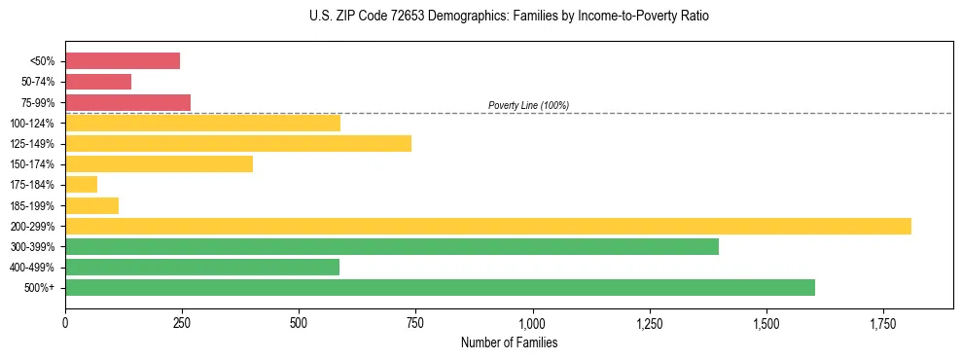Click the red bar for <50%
pyautogui.click(x=123, y=61)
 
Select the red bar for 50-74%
pyautogui.click(x=98, y=82)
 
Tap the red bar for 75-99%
pyautogui.click(x=127, y=102)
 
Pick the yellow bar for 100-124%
pyautogui.click(x=202, y=123)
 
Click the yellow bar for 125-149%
pyautogui.click(x=238, y=143)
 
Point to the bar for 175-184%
pyautogui.click(x=82, y=184)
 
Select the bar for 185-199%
pyautogui.click(x=91, y=205)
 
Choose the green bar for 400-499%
pyautogui.click(x=202, y=267)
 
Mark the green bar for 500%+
pyautogui.click(x=440, y=287)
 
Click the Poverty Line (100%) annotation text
pyautogui.click(x=528, y=105)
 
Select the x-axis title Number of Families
pyautogui.click(x=509, y=342)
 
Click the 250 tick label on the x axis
pyautogui.click(x=182, y=322)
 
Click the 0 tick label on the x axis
pyautogui.click(x=65, y=322)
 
